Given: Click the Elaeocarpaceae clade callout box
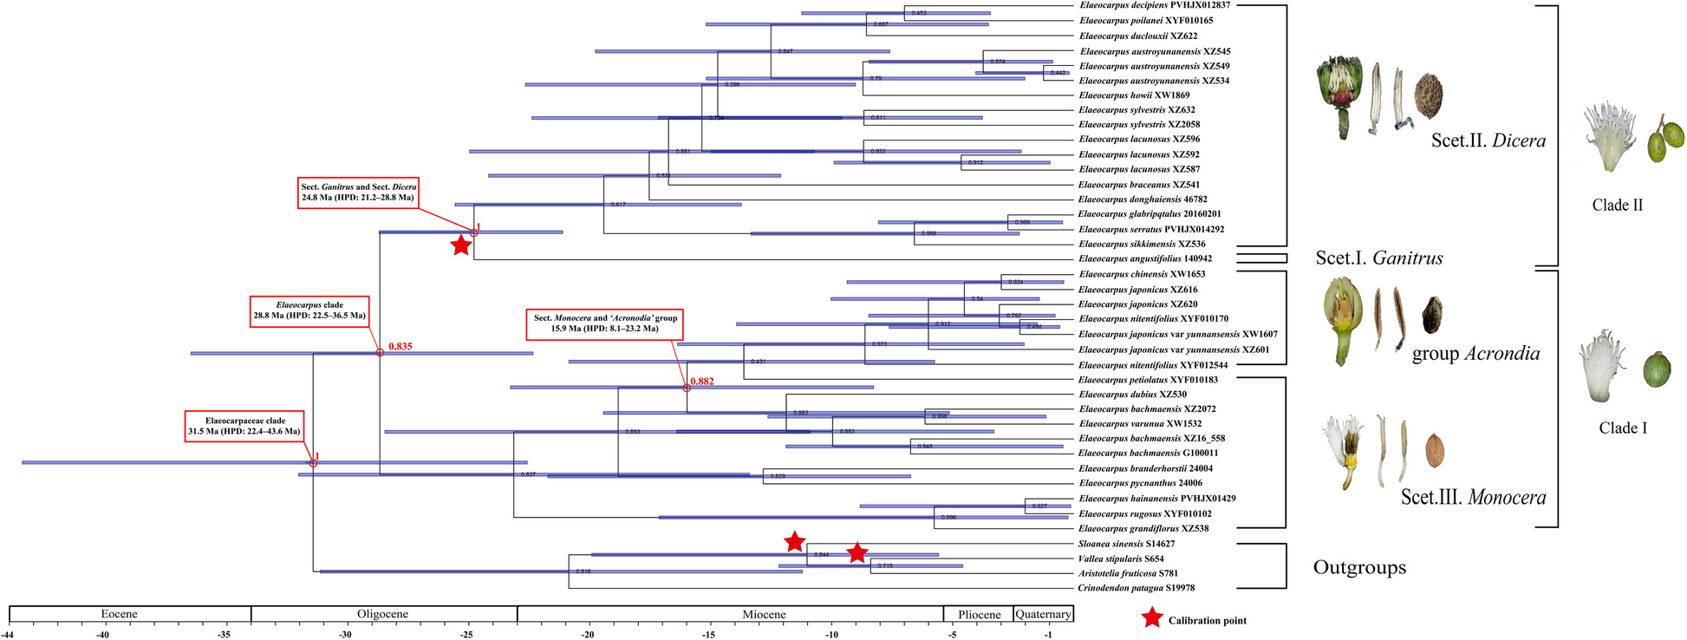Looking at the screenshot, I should [244, 426].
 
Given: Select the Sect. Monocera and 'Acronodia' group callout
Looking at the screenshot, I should [605, 323].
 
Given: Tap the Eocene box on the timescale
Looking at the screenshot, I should [120, 614].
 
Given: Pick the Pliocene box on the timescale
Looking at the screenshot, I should [979, 614].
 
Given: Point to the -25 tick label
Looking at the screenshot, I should [466, 635].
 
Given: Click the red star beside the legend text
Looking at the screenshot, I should [1152, 618].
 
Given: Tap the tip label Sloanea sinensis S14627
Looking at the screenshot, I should [1126, 544].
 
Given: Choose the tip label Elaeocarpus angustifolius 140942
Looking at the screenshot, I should [1145, 258].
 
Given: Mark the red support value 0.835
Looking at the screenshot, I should [401, 346].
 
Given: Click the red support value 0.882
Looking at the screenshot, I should [702, 381].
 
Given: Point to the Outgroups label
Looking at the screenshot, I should [1359, 567].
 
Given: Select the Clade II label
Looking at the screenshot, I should [1617, 206].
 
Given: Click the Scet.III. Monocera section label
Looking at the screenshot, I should [1473, 497].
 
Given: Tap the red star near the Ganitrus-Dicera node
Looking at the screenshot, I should [461, 245].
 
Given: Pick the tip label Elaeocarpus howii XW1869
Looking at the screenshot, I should [1134, 95].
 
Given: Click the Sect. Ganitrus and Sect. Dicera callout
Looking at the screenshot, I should [359, 192].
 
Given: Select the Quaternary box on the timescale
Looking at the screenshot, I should [1043, 614].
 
